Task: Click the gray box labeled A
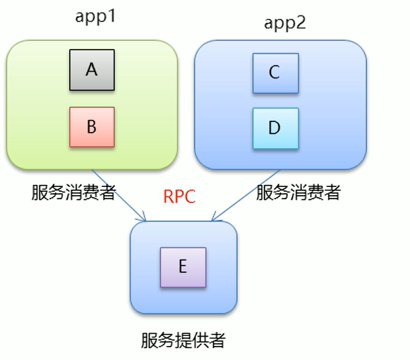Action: [x=92, y=70]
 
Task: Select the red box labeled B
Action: [x=92, y=127]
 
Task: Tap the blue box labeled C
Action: [x=274, y=73]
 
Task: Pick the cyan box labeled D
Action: [x=274, y=128]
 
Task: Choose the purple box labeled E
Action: [x=183, y=267]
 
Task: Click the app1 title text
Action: [x=95, y=16]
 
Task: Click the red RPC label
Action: [x=179, y=198]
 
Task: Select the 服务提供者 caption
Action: [x=183, y=341]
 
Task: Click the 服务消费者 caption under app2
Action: [x=298, y=193]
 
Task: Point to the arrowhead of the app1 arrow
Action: [x=143, y=218]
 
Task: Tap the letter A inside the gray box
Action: [x=92, y=69]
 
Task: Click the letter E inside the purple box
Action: [x=183, y=267]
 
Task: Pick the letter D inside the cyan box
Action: [x=274, y=128]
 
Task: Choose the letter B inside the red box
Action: [x=92, y=127]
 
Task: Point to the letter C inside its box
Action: [x=274, y=73]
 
